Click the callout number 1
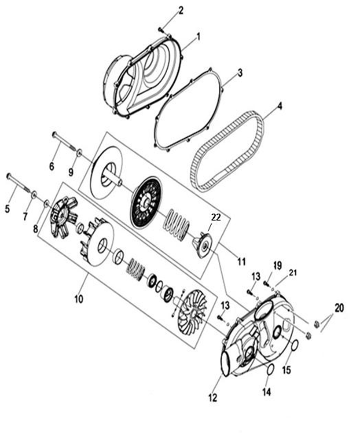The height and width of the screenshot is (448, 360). pyautogui.click(x=198, y=37)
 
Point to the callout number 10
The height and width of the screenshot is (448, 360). pyautogui.click(x=78, y=299)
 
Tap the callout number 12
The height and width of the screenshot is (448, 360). pyautogui.click(x=213, y=397)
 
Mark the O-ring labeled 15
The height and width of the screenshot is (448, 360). pyautogui.click(x=295, y=345)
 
